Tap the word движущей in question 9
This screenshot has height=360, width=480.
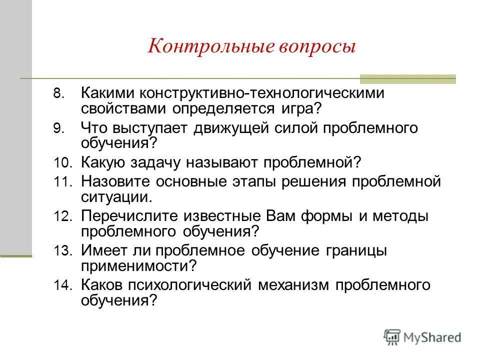click(x=229, y=128)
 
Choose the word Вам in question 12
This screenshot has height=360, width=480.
click(x=279, y=216)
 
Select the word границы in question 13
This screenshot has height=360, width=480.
click(x=351, y=250)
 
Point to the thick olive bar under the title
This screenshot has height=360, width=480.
click(x=408, y=78)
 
